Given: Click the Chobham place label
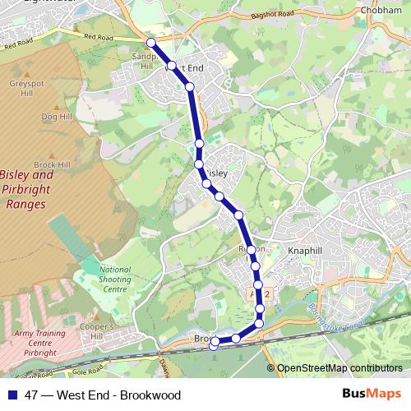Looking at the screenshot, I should [x=380, y=11].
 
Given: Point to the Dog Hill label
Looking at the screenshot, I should [x=56, y=118].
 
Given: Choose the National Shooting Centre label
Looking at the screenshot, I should [x=115, y=279].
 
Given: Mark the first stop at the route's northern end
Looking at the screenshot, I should [x=150, y=44].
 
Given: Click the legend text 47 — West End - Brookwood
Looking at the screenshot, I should [x=103, y=395].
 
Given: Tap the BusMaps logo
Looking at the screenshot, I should [x=371, y=394].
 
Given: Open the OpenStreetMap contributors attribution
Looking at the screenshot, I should [x=339, y=368].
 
